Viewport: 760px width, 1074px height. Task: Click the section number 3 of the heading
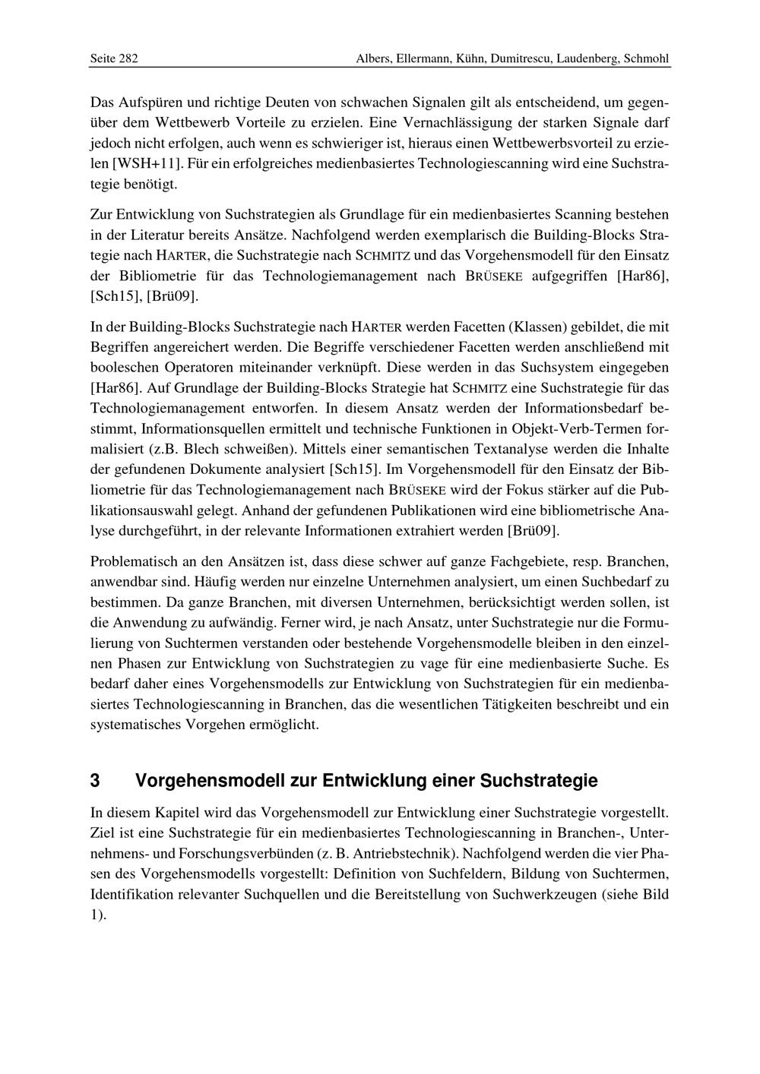coord(95,781)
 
